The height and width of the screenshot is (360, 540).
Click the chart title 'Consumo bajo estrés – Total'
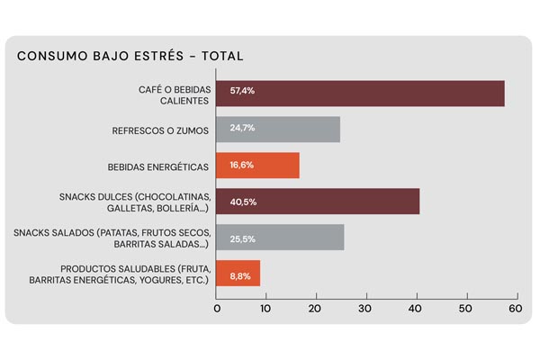tap(130, 56)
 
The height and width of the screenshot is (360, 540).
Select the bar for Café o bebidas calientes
tap(360, 94)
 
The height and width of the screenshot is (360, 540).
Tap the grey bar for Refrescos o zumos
tap(279, 130)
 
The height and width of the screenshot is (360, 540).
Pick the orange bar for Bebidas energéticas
tap(259, 166)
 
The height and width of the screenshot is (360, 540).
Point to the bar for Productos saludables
tap(239, 273)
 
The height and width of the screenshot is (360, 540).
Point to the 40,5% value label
tap(243, 202)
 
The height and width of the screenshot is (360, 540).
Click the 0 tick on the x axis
tap(217, 309)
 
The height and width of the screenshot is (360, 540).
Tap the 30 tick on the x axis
tap(365, 309)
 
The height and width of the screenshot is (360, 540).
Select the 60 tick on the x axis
tap(515, 309)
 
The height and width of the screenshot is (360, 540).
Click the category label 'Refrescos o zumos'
tap(160, 130)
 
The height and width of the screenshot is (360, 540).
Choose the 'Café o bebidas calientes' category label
tap(170, 94)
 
